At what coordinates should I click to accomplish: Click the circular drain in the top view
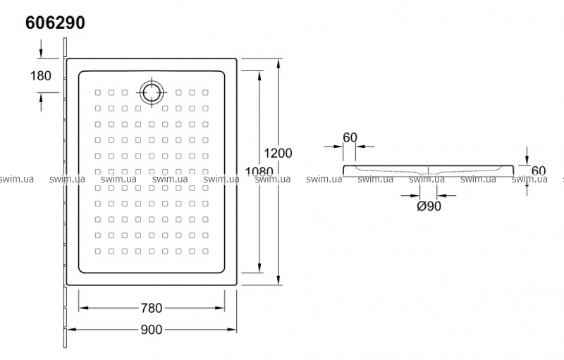pyautogui.click(x=152, y=92)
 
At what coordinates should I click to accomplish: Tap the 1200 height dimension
pyautogui.click(x=277, y=152)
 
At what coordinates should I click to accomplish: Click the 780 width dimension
pyautogui.click(x=152, y=308)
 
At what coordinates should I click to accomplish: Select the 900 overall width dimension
pyautogui.click(x=152, y=329)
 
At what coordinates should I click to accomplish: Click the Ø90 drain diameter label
pyautogui.click(x=429, y=206)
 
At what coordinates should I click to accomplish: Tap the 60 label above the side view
pyautogui.click(x=349, y=137)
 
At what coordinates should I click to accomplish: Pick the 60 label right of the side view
pyautogui.click(x=539, y=170)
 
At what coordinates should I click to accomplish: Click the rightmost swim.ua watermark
pyautogui.click(x=530, y=180)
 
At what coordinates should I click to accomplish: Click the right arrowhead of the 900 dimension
pyautogui.click(x=236, y=329)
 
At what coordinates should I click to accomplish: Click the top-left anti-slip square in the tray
pyautogui.click(x=97, y=92)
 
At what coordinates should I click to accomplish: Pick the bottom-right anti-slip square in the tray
pyautogui.click(x=205, y=250)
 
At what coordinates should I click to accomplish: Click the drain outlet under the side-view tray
pyautogui.click(x=429, y=174)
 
